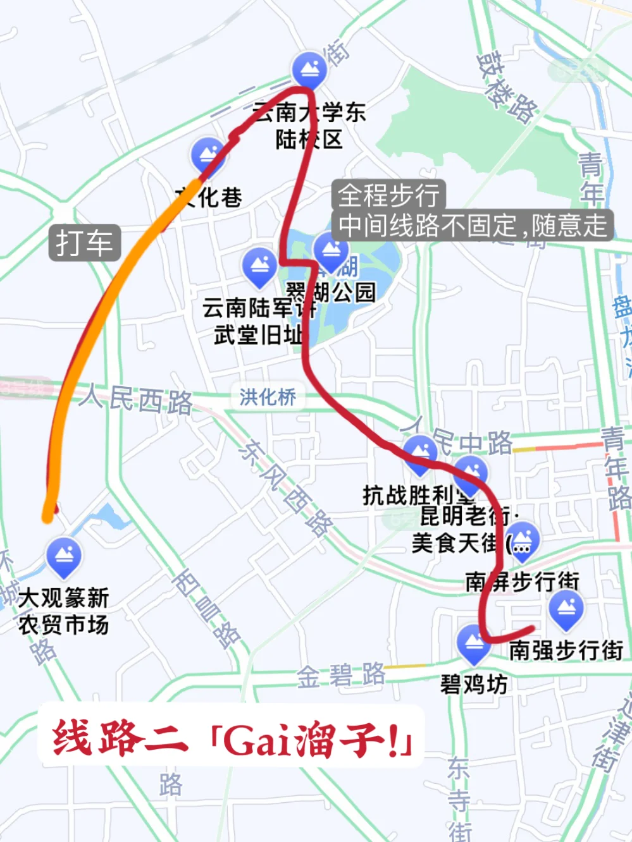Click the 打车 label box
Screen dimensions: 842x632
coord(84,243)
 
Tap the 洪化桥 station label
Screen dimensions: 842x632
coord(268,397)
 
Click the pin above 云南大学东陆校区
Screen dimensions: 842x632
coord(309,69)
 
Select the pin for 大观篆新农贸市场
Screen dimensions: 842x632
coord(64,556)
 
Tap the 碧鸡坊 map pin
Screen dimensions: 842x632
coord(474,644)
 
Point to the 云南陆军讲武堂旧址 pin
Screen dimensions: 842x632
coord(259,266)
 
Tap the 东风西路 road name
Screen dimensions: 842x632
coord(285,486)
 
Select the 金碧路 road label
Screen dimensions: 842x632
coord(341,676)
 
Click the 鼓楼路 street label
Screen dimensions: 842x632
coord(507,87)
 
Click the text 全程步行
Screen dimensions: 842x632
coord(388,195)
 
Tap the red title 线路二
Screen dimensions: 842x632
coord(120,737)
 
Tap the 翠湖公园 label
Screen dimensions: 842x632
coord(331,292)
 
